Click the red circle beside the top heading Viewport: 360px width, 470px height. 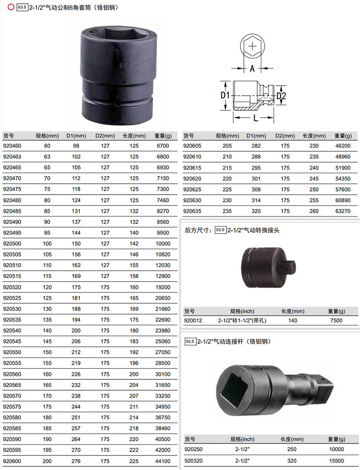coord(11,7)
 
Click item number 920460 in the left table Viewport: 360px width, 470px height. coord(12,146)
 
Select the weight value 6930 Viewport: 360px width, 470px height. coord(163,168)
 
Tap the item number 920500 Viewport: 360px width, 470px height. coord(12,244)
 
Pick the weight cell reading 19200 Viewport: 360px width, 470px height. coord(163,287)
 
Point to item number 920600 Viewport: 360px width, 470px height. coord(12,461)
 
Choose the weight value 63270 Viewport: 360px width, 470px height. coord(343,211)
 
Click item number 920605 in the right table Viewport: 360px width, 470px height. coord(192,146)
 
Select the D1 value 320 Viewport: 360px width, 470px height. coord(256,211)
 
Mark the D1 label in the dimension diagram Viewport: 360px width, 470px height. coord(225,95)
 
